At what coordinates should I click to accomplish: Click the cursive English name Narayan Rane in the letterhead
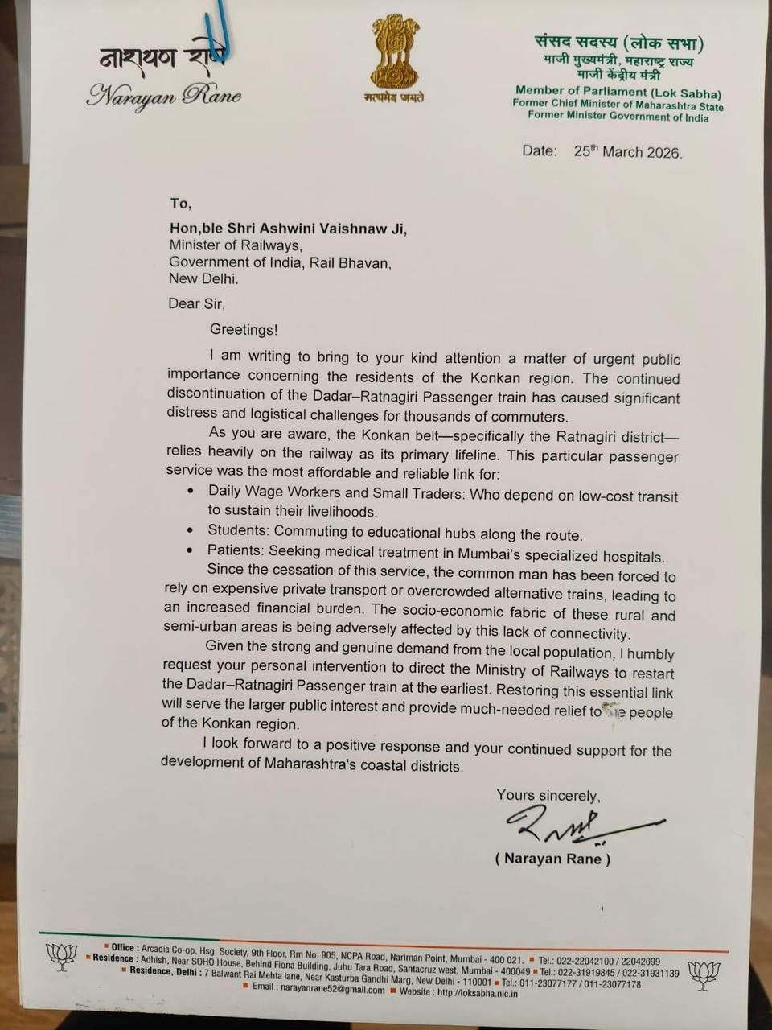pos(164,97)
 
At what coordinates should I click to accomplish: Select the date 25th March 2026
pos(627,152)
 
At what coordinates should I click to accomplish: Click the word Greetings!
pos(243,329)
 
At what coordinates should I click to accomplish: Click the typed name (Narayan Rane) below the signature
pos(552,859)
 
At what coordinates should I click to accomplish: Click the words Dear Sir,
pos(196,304)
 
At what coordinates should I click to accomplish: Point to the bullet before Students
pos(190,531)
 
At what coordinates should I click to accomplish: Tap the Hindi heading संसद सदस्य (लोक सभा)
pos(618,44)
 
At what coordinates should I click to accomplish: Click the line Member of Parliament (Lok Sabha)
pos(618,92)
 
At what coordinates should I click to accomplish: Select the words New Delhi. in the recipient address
pos(203,279)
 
